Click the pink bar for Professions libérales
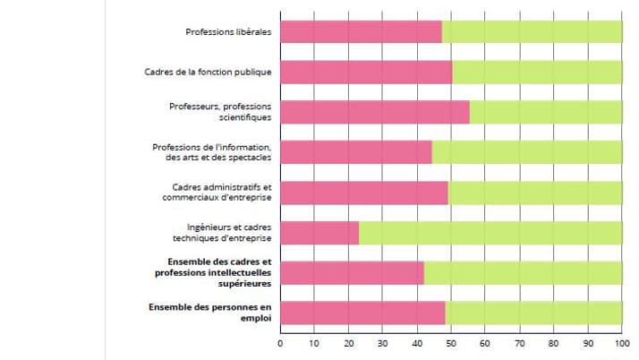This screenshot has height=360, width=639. (x=361, y=31)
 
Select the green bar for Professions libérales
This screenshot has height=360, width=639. (x=532, y=31)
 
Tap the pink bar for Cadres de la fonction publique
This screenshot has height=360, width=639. (x=366, y=72)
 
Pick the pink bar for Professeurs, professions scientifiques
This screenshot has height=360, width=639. (x=375, y=112)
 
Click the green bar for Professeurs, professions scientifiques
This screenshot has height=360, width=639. (x=546, y=112)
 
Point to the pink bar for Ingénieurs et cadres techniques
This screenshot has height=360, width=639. (x=319, y=233)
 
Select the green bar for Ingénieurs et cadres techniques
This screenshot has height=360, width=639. (x=490, y=233)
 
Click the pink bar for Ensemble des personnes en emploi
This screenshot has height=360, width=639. (x=362, y=313)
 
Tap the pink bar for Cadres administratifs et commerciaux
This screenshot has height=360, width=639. (x=364, y=193)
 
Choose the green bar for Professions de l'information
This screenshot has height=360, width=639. (x=527, y=152)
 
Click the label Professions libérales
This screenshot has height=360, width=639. (x=228, y=32)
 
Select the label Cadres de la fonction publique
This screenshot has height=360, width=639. (x=208, y=72)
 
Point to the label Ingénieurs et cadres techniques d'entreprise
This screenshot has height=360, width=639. (x=222, y=233)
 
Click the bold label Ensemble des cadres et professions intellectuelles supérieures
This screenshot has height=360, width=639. (x=212, y=272)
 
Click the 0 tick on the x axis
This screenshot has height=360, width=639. (x=281, y=344)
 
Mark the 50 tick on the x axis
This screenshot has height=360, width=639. (x=451, y=344)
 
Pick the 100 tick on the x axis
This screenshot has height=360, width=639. (x=621, y=344)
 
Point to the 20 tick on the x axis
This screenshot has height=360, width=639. (x=349, y=344)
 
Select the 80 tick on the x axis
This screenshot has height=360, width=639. (x=553, y=344)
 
